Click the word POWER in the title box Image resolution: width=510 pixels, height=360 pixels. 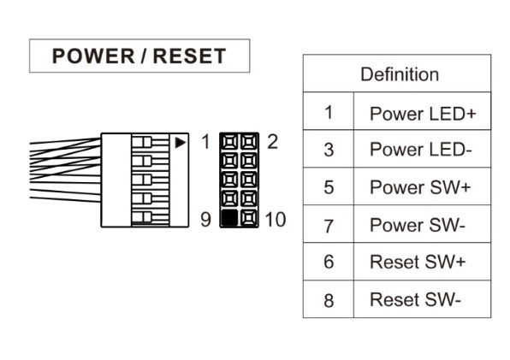tap(93, 56)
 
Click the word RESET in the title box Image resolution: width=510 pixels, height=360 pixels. tap(189, 56)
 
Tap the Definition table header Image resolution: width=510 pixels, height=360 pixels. tap(400, 74)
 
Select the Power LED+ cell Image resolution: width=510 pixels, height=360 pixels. tap(423, 114)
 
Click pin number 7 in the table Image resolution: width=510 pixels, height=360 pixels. tap(329, 226)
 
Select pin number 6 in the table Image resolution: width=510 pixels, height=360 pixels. tap(329, 262)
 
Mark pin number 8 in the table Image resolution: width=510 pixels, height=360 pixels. tap(329, 300)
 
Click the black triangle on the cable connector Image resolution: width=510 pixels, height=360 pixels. tap(181, 143)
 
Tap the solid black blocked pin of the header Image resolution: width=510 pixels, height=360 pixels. tap(229, 218)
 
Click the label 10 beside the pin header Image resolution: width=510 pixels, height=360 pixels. tap(276, 219)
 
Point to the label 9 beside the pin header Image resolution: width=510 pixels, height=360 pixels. tap(205, 219)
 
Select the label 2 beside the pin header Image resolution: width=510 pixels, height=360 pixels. tap(273, 142)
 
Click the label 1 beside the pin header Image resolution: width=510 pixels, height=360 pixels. tap(205, 142)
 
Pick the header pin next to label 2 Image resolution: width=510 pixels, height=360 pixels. tap(249, 142)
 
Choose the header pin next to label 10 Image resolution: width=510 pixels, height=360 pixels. tap(249, 218)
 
